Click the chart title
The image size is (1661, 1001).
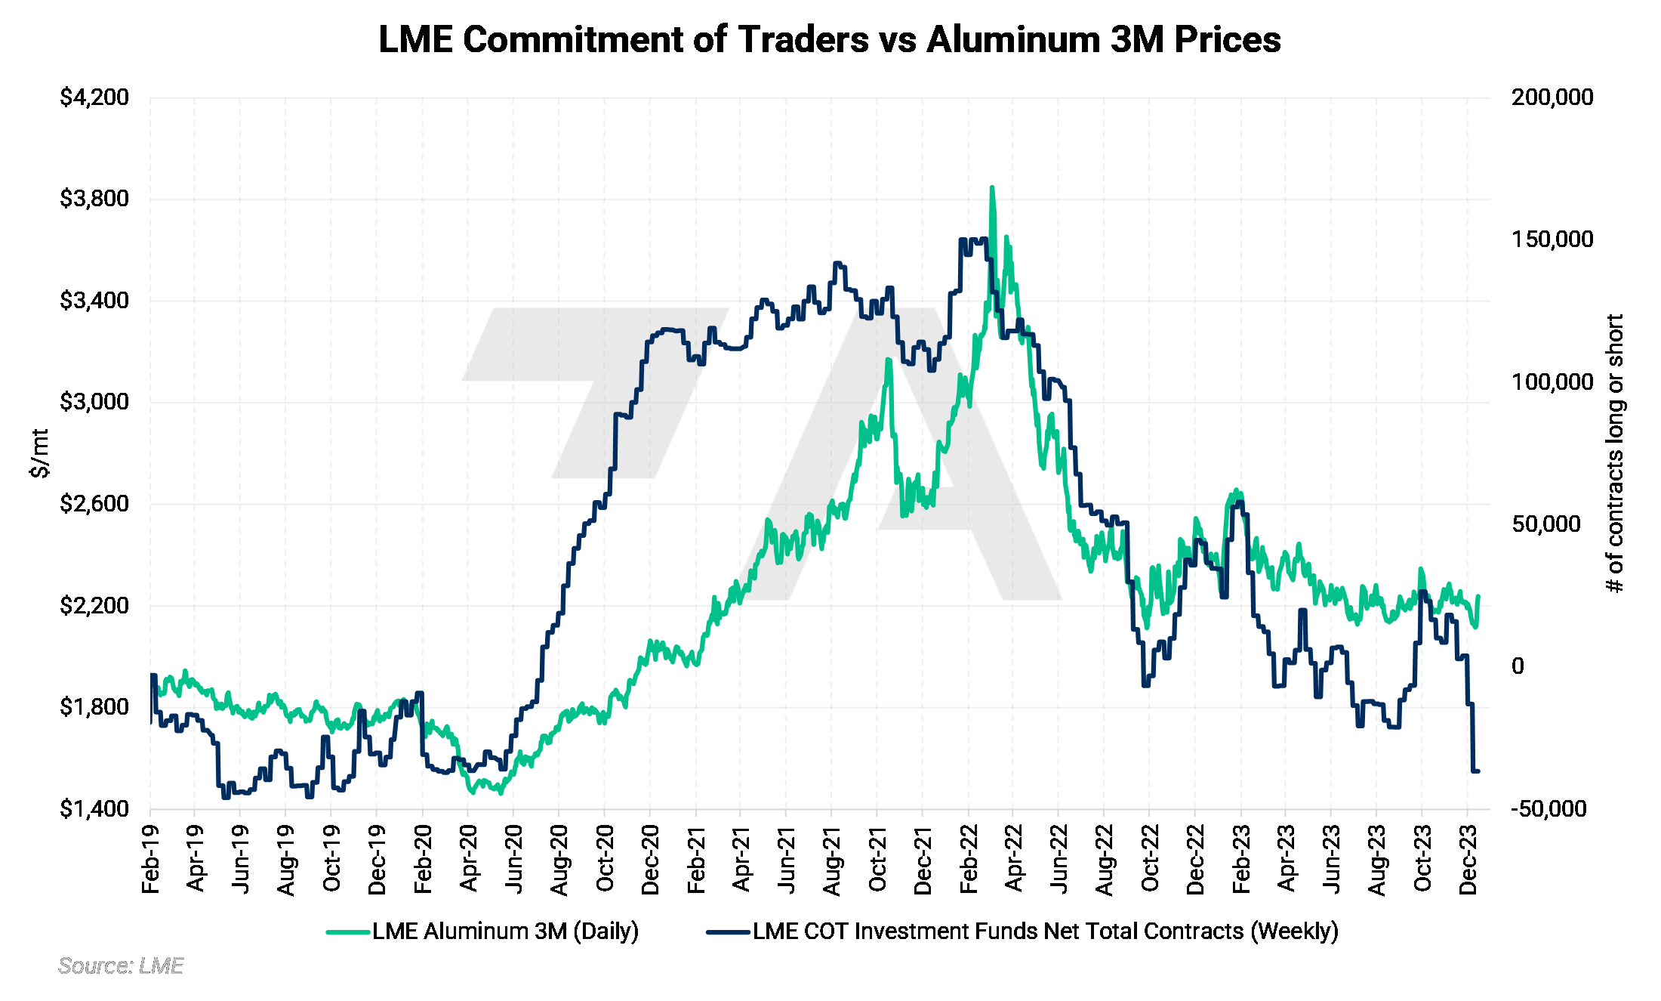pos(829,39)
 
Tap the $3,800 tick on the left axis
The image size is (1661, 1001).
pos(94,199)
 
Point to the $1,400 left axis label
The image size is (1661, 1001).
pos(94,809)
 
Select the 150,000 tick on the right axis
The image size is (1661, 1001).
pos(1552,239)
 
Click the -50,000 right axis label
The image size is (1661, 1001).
pos(1549,809)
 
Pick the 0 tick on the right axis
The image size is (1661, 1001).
pos(1518,666)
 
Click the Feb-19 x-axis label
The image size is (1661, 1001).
pos(151,860)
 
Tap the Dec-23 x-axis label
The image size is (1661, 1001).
pos(1468,860)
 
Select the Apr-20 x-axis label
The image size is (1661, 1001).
pos(469,860)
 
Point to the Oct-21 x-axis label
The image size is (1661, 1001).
pos(877,860)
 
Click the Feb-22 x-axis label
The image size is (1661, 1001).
pos(969,860)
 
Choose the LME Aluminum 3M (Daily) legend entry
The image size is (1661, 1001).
pos(483,931)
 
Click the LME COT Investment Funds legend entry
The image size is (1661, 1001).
pos(1023,931)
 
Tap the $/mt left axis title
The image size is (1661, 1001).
pos(39,453)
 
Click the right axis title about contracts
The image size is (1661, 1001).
pos(1614,453)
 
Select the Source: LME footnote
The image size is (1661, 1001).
pos(121,966)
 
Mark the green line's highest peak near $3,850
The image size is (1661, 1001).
pos(991,187)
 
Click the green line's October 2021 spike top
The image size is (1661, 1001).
pos(889,360)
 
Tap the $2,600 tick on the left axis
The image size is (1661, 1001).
pos(94,503)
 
